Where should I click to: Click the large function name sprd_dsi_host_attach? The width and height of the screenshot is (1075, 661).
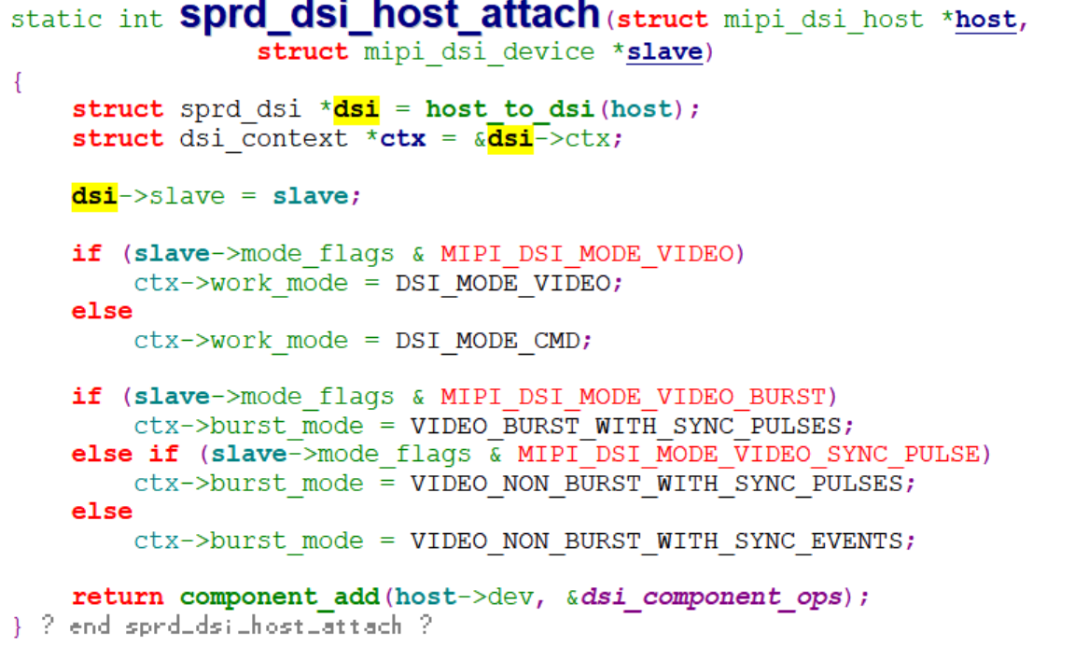click(389, 16)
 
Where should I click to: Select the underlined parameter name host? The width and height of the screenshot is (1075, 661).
click(985, 20)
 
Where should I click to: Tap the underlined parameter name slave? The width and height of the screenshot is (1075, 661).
click(663, 51)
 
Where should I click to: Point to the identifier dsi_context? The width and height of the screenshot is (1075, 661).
click(263, 138)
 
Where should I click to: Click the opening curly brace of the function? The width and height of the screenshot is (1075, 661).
click(18, 81)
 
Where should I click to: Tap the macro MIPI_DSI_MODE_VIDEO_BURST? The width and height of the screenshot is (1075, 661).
click(633, 397)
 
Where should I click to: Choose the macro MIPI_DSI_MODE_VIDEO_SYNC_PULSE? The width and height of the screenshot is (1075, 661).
click(748, 455)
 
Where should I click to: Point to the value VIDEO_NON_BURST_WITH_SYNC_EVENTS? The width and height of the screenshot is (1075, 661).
click(658, 541)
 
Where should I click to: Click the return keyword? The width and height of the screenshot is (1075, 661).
click(118, 597)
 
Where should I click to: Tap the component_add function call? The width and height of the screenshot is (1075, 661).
click(279, 597)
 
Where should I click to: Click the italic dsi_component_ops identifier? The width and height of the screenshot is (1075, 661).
click(710, 597)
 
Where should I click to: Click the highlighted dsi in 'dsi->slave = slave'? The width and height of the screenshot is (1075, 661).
click(94, 196)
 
